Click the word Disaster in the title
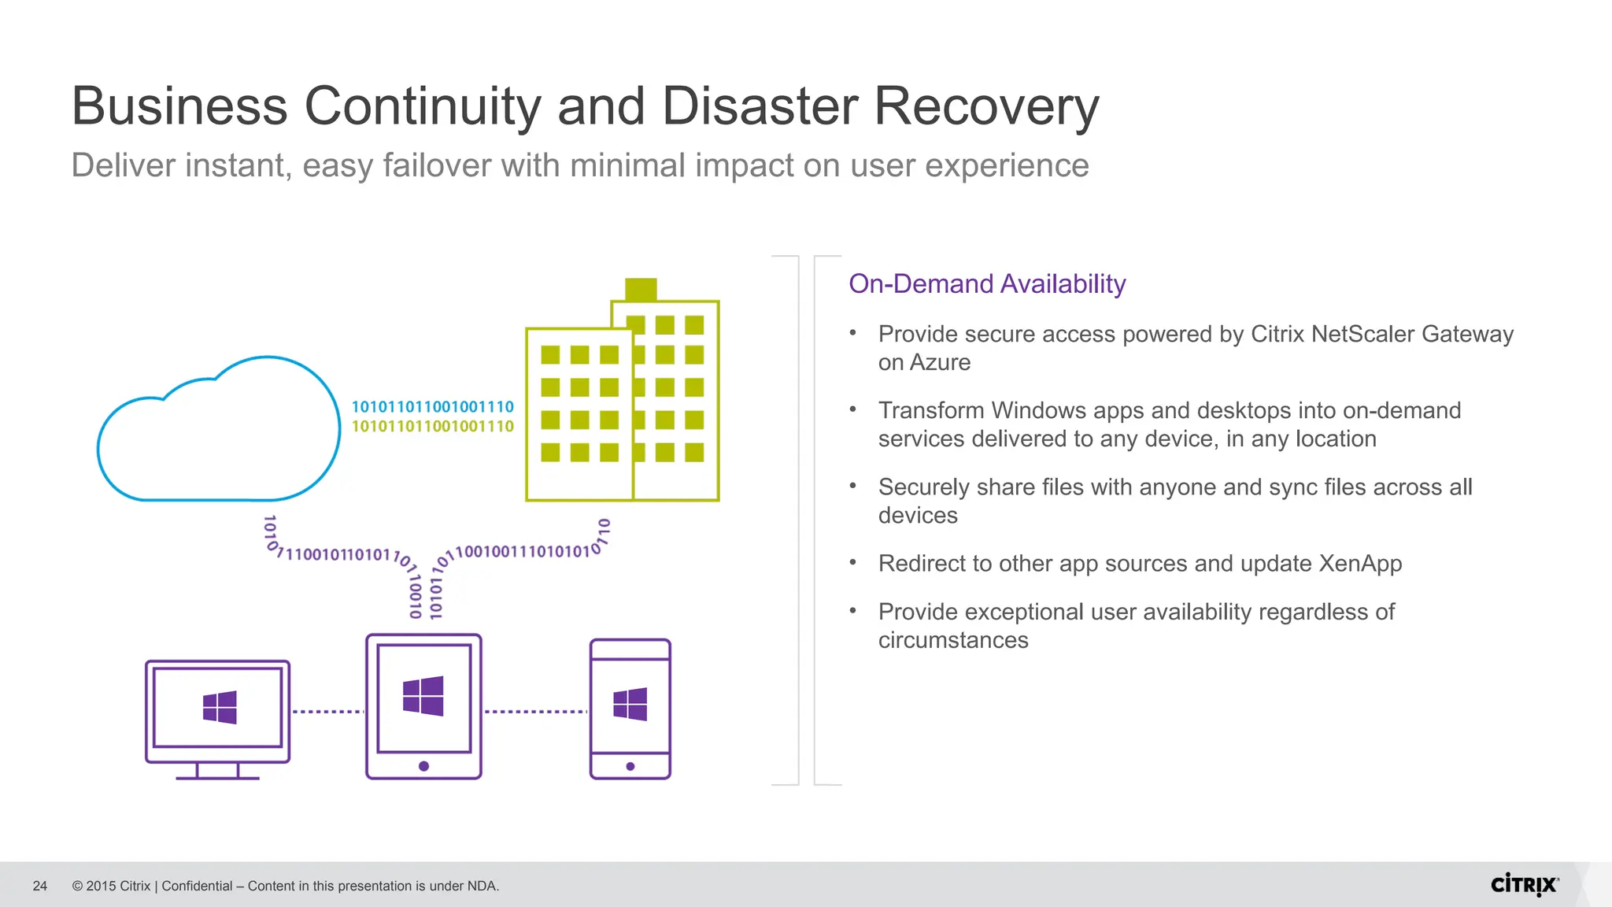click(x=760, y=106)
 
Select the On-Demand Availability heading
click(x=987, y=284)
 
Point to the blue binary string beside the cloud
click(x=432, y=407)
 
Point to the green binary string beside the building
click(x=432, y=427)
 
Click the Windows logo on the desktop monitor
click(x=219, y=707)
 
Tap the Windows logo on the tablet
click(x=423, y=696)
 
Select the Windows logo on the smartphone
click(x=630, y=704)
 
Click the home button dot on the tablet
click(x=423, y=766)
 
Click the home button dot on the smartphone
click(x=630, y=766)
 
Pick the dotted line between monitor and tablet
click(x=327, y=712)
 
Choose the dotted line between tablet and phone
click(x=535, y=712)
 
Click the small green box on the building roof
click(x=641, y=289)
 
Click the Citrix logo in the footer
click(x=1524, y=885)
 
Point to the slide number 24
click(x=40, y=887)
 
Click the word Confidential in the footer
click(x=197, y=887)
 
